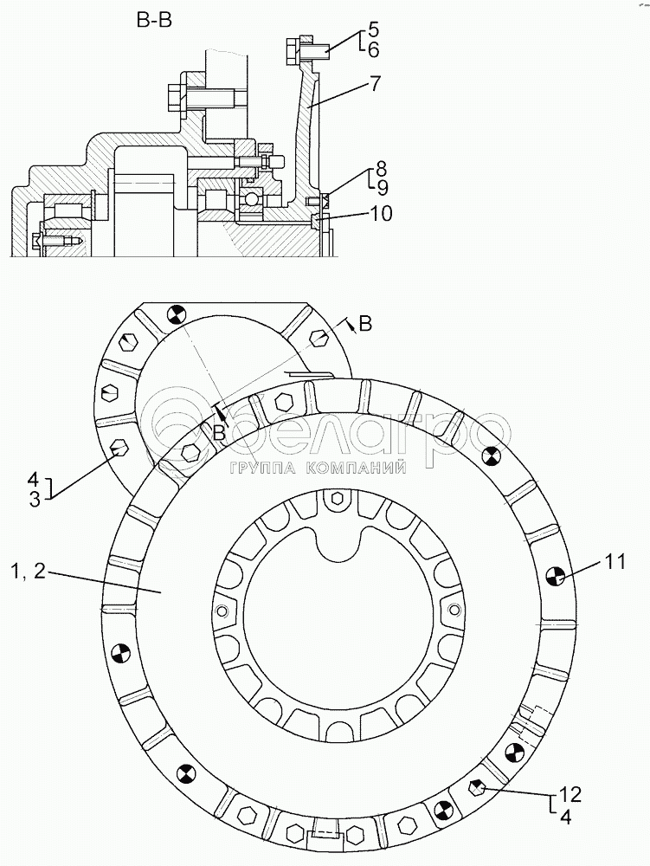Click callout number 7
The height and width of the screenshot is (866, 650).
pyautogui.click(x=374, y=83)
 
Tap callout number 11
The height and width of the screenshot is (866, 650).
pyautogui.click(x=615, y=562)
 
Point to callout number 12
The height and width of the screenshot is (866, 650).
pyautogui.click(x=570, y=795)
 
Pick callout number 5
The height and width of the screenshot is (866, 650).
pyautogui.click(x=374, y=29)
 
